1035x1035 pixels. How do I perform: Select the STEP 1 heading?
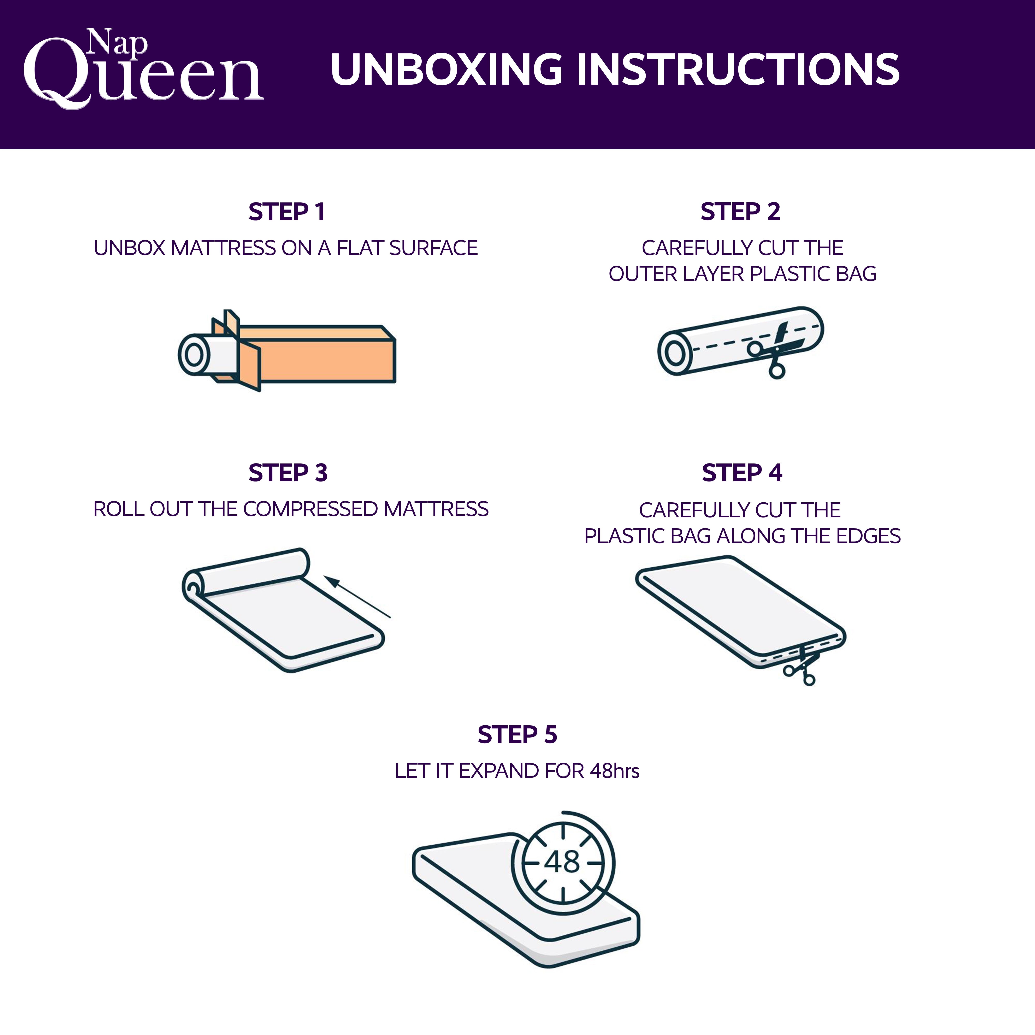pyautogui.click(x=287, y=212)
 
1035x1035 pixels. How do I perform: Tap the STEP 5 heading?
pyautogui.click(x=517, y=734)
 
